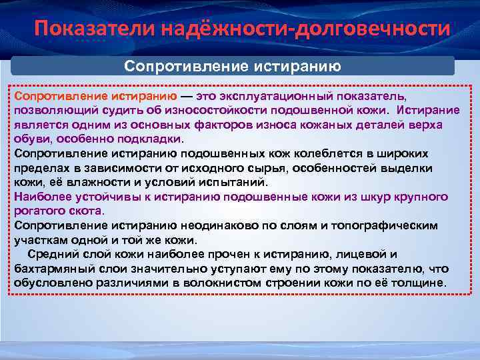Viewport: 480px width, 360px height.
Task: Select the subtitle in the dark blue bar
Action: click(233, 66)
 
